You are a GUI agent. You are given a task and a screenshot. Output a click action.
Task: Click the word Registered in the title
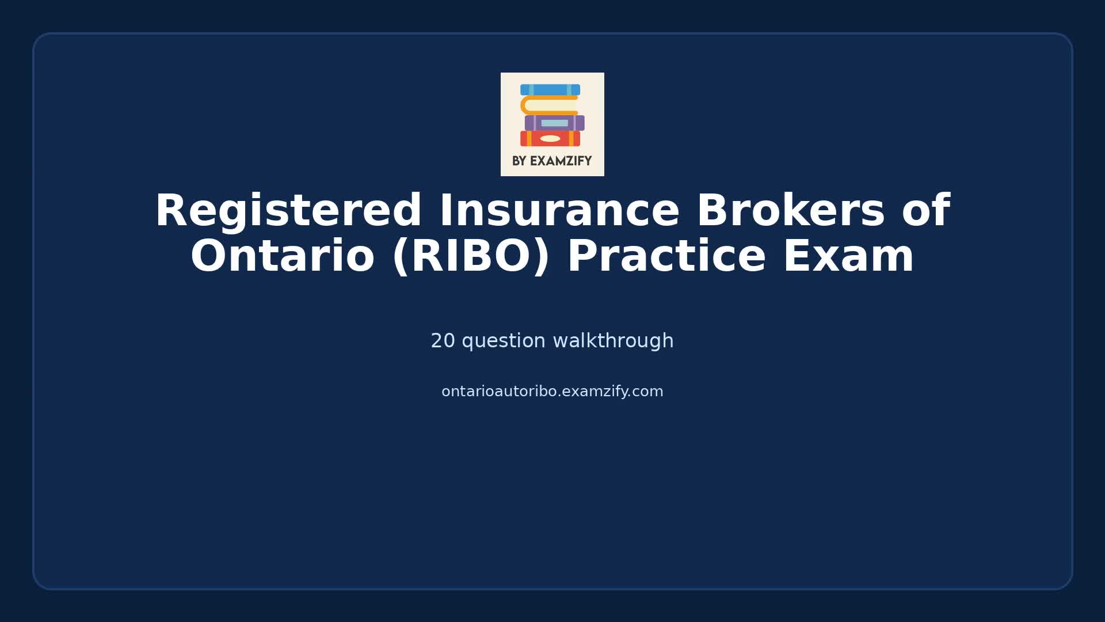pos(288,211)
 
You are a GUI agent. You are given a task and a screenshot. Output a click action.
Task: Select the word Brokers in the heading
pos(790,211)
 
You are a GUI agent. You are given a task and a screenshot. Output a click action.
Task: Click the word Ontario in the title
pos(282,256)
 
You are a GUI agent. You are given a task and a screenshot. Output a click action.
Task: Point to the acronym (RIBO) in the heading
pos(471,256)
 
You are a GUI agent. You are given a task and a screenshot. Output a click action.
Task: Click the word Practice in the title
pos(666,256)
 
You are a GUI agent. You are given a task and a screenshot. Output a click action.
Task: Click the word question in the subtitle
pos(504,341)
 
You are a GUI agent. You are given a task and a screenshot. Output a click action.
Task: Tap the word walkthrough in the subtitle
pos(613,341)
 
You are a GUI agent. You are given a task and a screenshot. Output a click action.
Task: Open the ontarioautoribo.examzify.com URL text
pos(552,392)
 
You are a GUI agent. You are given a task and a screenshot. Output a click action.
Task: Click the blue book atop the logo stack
pos(550,90)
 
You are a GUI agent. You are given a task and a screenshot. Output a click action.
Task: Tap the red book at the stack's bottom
pos(532,139)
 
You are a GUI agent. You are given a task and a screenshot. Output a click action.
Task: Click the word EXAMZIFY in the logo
pos(561,161)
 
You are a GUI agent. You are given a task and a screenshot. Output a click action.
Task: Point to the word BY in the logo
pos(519,161)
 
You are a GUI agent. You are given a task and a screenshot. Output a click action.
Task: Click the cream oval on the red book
pos(550,139)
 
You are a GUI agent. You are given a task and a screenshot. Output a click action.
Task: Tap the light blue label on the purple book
pos(554,123)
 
